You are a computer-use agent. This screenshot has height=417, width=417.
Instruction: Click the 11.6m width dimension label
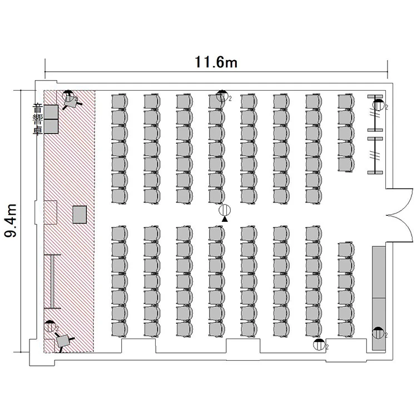pos(216,62)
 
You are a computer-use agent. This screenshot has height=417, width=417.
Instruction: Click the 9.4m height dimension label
pos(11,221)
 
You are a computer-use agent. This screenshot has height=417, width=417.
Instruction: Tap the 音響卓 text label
pos(37,120)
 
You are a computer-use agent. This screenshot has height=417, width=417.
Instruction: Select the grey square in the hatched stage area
pos(80,215)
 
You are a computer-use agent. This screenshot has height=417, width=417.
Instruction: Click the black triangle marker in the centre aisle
pos(225,219)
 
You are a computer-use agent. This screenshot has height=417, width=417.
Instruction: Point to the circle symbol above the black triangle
pos(225,210)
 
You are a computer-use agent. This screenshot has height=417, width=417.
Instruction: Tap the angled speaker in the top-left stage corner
pos(71,101)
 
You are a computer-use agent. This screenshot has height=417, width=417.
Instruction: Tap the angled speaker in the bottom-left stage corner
pos(63,341)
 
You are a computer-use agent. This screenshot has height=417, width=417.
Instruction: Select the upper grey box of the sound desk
pos(51,112)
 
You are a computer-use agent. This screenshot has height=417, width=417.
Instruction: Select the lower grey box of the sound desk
pos(51,126)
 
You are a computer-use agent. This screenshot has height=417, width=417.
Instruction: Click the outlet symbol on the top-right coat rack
pos(378,105)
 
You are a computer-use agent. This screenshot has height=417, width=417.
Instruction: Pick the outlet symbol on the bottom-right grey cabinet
pos(378,332)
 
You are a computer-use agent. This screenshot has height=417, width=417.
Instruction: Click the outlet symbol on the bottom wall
pos(319,345)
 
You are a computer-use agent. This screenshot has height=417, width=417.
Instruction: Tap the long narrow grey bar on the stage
pos(52,281)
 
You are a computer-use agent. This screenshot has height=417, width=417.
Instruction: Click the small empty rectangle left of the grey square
pos(51,212)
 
